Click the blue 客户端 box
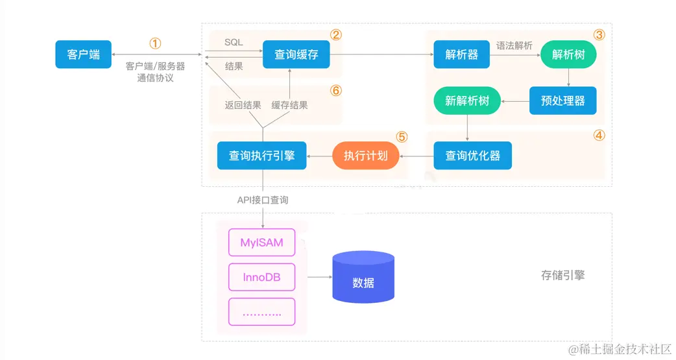click(x=83, y=54)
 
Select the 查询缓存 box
click(x=296, y=54)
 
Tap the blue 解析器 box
click(x=461, y=54)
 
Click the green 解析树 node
click(x=568, y=54)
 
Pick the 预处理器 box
click(x=562, y=101)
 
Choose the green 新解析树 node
click(x=467, y=101)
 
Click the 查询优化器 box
click(x=472, y=156)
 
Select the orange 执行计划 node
click(x=366, y=156)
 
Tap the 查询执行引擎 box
click(x=261, y=156)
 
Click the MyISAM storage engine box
click(x=261, y=243)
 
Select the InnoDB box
click(x=261, y=277)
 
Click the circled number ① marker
click(x=155, y=43)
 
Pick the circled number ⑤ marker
click(x=402, y=137)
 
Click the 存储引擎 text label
click(x=562, y=275)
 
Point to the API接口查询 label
click(x=262, y=200)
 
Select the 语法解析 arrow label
click(x=514, y=45)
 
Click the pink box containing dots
click(x=261, y=312)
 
